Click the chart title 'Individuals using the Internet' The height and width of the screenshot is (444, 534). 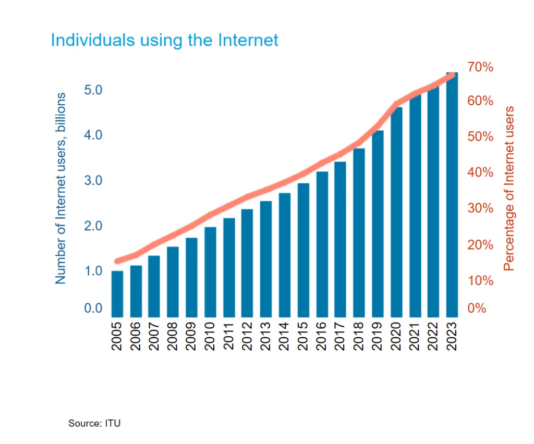164,40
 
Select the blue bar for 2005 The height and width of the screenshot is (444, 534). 117,293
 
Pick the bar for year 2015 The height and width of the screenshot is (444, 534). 303,250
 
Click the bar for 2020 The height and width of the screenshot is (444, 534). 396,212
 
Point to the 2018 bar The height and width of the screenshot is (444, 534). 359,232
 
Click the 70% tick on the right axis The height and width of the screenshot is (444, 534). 480,67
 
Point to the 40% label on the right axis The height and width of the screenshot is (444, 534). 480,172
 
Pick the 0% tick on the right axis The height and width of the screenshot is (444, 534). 476,308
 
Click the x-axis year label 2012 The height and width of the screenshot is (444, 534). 247,337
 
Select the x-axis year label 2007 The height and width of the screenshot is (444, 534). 154,337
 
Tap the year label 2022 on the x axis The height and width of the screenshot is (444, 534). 433,337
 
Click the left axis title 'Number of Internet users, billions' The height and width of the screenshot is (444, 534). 61,189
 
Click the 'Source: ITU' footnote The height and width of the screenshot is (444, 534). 94,423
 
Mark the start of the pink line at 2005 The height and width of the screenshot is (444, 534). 117,261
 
